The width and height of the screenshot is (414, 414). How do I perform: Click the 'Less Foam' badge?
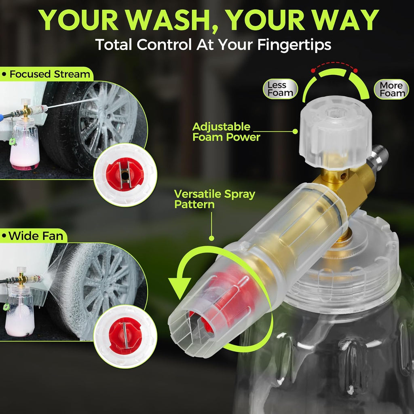[280, 89]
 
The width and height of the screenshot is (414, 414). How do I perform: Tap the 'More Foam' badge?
[391, 89]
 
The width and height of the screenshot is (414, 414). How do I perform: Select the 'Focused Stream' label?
[46, 74]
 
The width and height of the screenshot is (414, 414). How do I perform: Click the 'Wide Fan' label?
[33, 236]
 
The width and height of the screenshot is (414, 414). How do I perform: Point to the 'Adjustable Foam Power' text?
[226, 132]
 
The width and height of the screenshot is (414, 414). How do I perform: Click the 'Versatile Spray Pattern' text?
[214, 199]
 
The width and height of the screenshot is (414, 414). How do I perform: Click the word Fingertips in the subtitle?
[294, 44]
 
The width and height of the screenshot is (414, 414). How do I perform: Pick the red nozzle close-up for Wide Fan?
[125, 336]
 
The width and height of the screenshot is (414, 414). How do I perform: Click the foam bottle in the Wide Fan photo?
[20, 313]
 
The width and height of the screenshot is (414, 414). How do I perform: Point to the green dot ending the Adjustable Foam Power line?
[295, 131]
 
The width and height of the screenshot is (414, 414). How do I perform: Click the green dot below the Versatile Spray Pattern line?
[211, 238]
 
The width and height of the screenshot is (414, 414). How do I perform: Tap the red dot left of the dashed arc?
[313, 70]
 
